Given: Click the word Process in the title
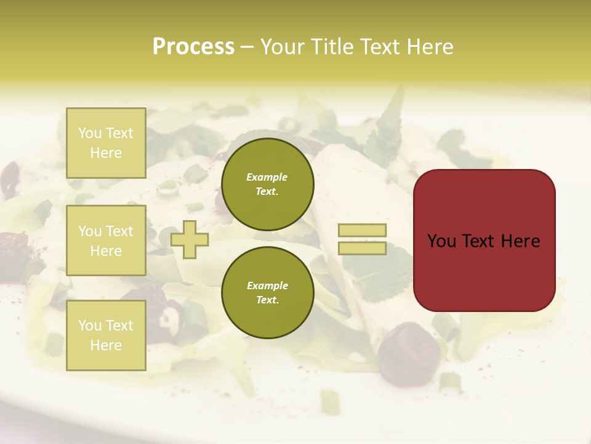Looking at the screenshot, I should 193,47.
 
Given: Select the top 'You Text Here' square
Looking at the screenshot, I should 106,143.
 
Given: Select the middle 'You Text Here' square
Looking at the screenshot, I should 106,240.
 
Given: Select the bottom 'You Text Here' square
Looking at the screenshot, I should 106,335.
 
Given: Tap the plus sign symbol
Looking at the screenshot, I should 189,239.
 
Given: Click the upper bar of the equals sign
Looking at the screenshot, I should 362,230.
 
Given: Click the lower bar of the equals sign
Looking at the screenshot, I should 362,249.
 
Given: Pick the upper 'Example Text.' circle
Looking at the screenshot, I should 267,184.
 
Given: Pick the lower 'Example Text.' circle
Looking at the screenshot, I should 267,293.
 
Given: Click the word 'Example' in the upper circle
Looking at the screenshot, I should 267,177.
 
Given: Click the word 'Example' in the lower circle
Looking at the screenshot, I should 267,286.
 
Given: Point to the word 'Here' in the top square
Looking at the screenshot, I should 106,153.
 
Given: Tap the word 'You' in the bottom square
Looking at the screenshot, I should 90,326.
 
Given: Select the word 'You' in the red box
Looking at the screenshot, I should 441,241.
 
